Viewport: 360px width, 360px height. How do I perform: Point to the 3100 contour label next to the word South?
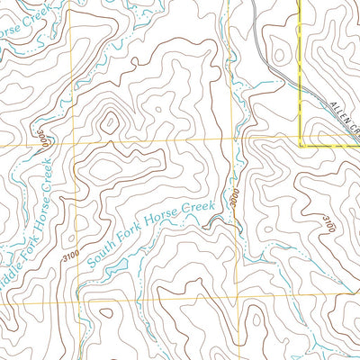(71, 257)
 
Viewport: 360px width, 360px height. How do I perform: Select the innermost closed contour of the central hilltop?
(110, 121)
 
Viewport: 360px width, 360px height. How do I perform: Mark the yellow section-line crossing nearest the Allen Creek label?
(300, 140)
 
